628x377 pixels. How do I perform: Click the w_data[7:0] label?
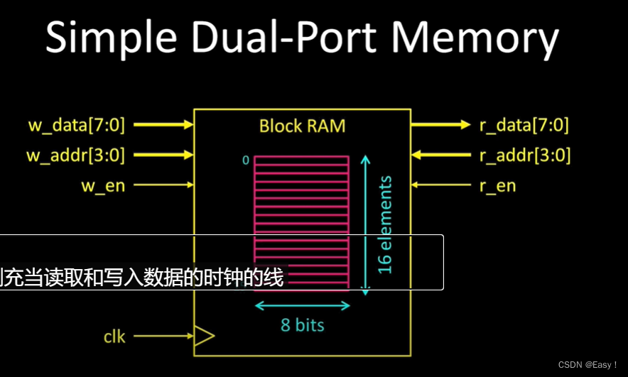[76, 126]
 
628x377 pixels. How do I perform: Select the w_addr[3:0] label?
[76, 155]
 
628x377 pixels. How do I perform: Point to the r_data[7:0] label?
[524, 126]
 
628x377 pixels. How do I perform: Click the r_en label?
[497, 185]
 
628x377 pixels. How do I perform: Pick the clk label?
[114, 336]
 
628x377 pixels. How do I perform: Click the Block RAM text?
[302, 126]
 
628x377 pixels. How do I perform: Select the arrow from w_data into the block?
[163, 125]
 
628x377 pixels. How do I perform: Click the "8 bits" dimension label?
[302, 325]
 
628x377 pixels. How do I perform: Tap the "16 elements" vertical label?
[384, 225]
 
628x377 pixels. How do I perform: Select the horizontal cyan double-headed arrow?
[303, 306]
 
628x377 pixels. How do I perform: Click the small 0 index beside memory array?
[246, 160]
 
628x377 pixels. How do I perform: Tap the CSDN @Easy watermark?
[588, 365]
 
